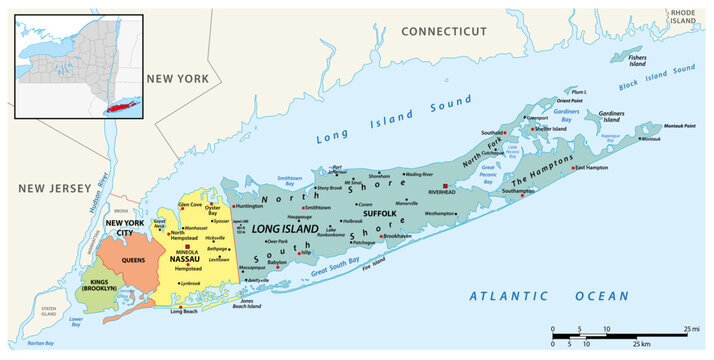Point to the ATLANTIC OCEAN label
point(549,296)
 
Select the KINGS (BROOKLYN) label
point(100,287)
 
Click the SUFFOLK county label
point(380,213)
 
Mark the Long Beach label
point(184,311)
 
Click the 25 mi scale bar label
point(692,327)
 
